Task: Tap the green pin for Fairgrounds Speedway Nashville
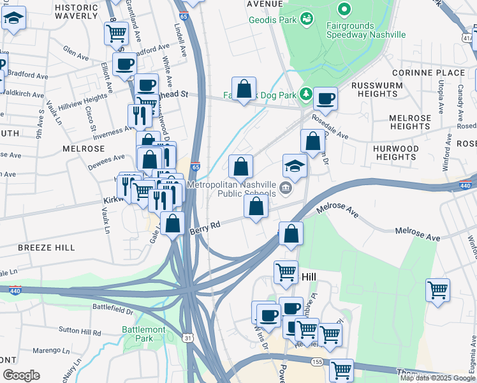[345, 9]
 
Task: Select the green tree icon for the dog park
[306, 94]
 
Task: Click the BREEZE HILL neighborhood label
[47, 247]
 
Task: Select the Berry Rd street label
[205, 227]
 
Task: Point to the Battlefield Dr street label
[113, 311]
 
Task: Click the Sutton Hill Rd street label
[80, 332]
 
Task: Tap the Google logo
[22, 375]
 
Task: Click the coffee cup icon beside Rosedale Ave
[325, 98]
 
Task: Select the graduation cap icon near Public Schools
[295, 166]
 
